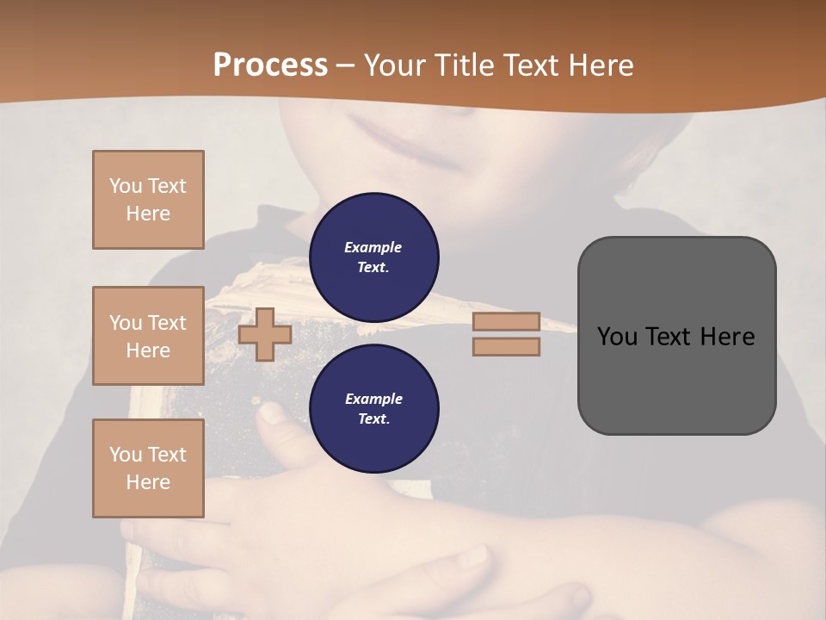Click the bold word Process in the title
point(270,65)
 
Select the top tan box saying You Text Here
point(148,200)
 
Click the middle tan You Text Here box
point(148,336)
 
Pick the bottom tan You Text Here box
point(148,468)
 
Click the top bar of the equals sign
point(506,321)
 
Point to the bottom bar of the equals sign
point(506,347)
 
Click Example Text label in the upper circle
point(373,257)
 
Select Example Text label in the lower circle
point(373,408)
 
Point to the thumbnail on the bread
point(274,413)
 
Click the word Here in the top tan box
point(148,214)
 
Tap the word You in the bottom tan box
point(125,455)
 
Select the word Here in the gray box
point(728,337)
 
